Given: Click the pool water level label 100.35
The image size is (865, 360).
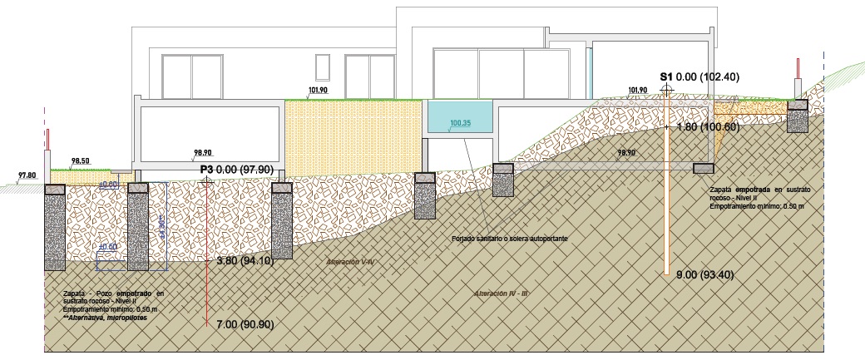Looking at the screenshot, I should [460, 124].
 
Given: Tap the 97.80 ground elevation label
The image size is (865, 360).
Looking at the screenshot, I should [27, 175].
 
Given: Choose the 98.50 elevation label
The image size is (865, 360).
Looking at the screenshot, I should [81, 160].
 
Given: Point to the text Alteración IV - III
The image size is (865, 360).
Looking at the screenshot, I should [503, 293].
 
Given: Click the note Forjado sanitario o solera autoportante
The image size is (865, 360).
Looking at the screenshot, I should [510, 239].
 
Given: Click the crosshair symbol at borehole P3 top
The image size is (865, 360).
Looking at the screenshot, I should [206, 180].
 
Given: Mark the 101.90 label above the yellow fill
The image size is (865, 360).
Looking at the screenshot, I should [318, 90].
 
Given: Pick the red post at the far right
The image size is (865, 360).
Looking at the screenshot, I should [798, 68].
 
